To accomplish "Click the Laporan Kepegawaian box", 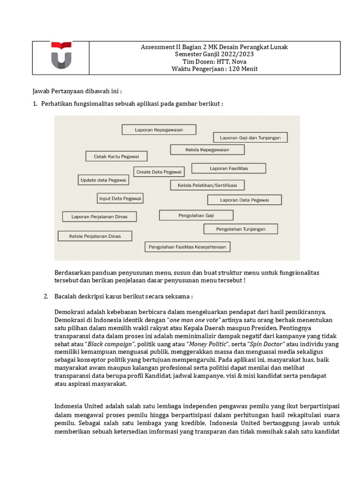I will point(159,129).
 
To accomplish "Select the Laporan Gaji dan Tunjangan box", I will point(250,137).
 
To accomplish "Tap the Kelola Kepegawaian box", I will point(207,150).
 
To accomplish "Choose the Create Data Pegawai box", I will point(159,172).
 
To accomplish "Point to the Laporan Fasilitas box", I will point(229,168).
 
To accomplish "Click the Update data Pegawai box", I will point(103,180).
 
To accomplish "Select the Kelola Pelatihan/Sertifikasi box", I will point(207,185).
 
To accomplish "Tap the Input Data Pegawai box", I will point(120,198).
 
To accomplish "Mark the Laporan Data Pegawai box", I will point(244,200).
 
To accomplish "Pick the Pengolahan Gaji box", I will point(196,215).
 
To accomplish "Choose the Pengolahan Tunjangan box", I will point(240,229).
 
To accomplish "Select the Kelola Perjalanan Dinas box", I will point(95,236).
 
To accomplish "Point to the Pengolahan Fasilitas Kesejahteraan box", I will point(187,246).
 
